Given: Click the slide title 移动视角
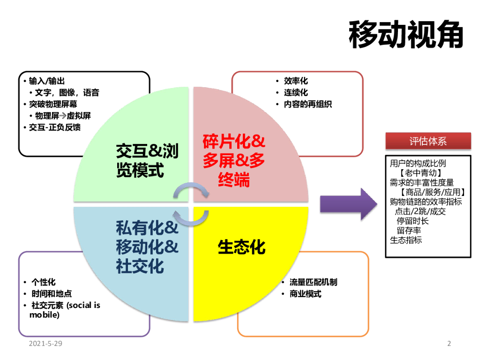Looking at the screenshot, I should pyautogui.click(x=406, y=34).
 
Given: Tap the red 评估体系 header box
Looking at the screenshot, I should pyautogui.click(x=427, y=141).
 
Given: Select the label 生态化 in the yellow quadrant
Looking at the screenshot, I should pyautogui.click(x=241, y=247).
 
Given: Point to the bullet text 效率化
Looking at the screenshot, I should pyautogui.click(x=296, y=81).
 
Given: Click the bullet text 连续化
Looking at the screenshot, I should pyautogui.click(x=296, y=92).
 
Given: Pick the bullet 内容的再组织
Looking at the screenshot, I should pyautogui.click(x=307, y=104).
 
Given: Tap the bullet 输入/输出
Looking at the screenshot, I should pyautogui.click(x=47, y=81).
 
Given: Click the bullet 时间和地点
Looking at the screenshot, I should pyautogui.click(x=52, y=294).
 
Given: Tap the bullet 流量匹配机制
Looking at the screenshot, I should pyautogui.click(x=313, y=282).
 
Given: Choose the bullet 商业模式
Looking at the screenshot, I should pyautogui.click(x=305, y=294).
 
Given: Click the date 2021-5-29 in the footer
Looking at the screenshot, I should pyautogui.click(x=45, y=344).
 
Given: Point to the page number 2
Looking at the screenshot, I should pyautogui.click(x=449, y=344).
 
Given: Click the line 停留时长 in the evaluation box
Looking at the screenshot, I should pyautogui.click(x=412, y=221).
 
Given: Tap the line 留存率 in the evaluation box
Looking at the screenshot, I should pyautogui.click(x=409, y=230).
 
